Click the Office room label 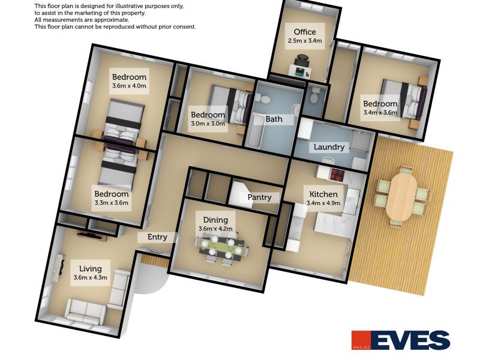point(305,32)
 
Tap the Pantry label point(259,197)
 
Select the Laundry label point(329,147)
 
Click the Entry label point(157,237)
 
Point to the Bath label point(274,119)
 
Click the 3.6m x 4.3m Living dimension point(91,278)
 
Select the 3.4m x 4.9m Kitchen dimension point(323,203)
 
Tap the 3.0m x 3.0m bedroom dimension point(208,124)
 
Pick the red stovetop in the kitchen point(337,175)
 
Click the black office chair point(302,61)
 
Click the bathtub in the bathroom point(256,131)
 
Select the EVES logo point(400,340)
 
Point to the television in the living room point(92,236)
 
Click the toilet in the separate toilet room point(314,95)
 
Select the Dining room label point(215,220)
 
